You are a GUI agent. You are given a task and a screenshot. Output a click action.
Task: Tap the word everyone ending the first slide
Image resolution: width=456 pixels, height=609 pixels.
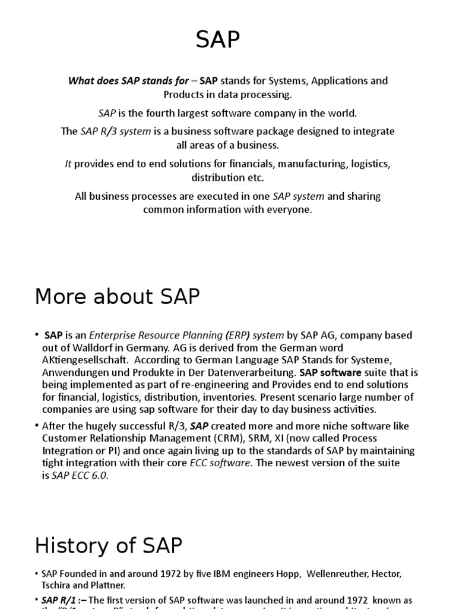(291, 210)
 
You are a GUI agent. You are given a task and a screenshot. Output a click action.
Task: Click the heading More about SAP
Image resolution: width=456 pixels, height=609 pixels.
(118, 296)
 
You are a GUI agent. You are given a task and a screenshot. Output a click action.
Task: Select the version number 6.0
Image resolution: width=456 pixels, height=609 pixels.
(99, 476)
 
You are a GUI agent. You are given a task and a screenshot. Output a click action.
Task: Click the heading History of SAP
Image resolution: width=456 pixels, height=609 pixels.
(109, 545)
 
